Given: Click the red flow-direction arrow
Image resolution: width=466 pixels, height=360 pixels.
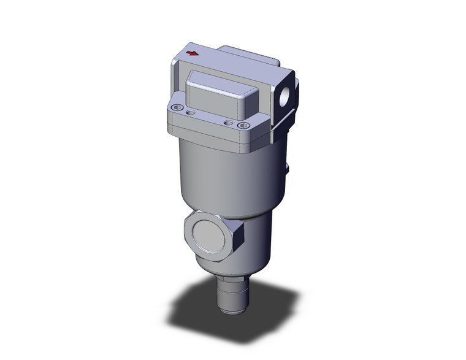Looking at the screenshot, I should click(x=193, y=54).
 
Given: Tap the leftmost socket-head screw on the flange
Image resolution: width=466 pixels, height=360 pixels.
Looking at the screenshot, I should click(x=178, y=109).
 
